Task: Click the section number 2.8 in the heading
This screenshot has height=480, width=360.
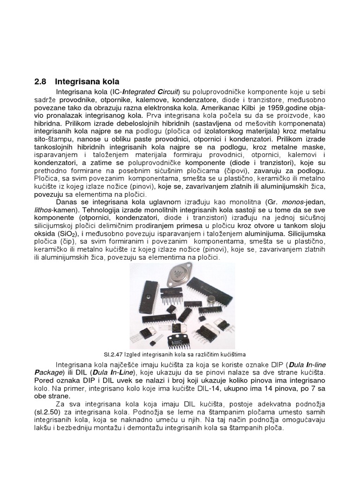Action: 40,81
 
